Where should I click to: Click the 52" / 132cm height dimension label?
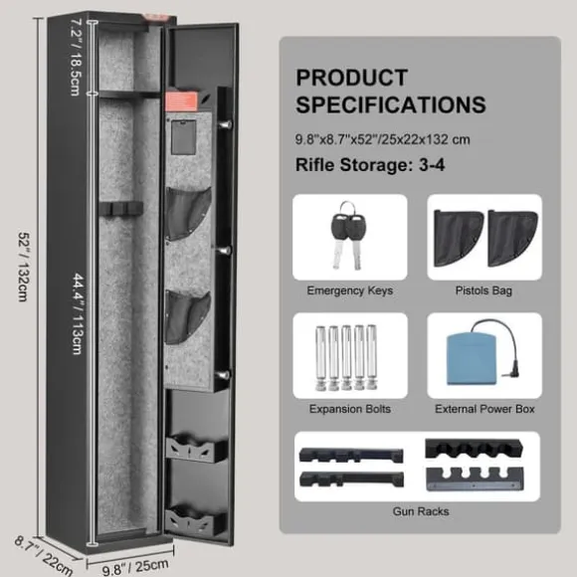tap(23, 267)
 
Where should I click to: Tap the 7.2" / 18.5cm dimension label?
tap(75, 57)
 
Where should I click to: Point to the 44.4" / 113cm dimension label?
tap(78, 313)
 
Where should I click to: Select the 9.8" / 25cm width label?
tap(135, 567)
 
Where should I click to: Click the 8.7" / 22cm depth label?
tap(44, 556)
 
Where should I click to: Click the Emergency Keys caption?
tap(350, 290)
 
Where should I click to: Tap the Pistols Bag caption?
tap(483, 290)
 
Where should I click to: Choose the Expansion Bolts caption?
tap(350, 409)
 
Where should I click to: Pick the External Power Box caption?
tap(484, 409)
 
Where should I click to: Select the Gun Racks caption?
tap(421, 511)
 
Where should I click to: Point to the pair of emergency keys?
tap(348, 236)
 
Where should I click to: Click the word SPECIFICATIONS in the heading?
tap(391, 104)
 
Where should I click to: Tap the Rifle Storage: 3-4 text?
tap(370, 164)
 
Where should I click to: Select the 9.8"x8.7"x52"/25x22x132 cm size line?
tap(383, 140)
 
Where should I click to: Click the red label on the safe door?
tap(181, 101)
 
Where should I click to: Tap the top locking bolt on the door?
tap(225, 124)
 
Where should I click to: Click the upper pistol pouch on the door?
tap(188, 214)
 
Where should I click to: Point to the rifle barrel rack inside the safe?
tap(120, 209)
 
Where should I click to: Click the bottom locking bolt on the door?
tap(224, 376)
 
